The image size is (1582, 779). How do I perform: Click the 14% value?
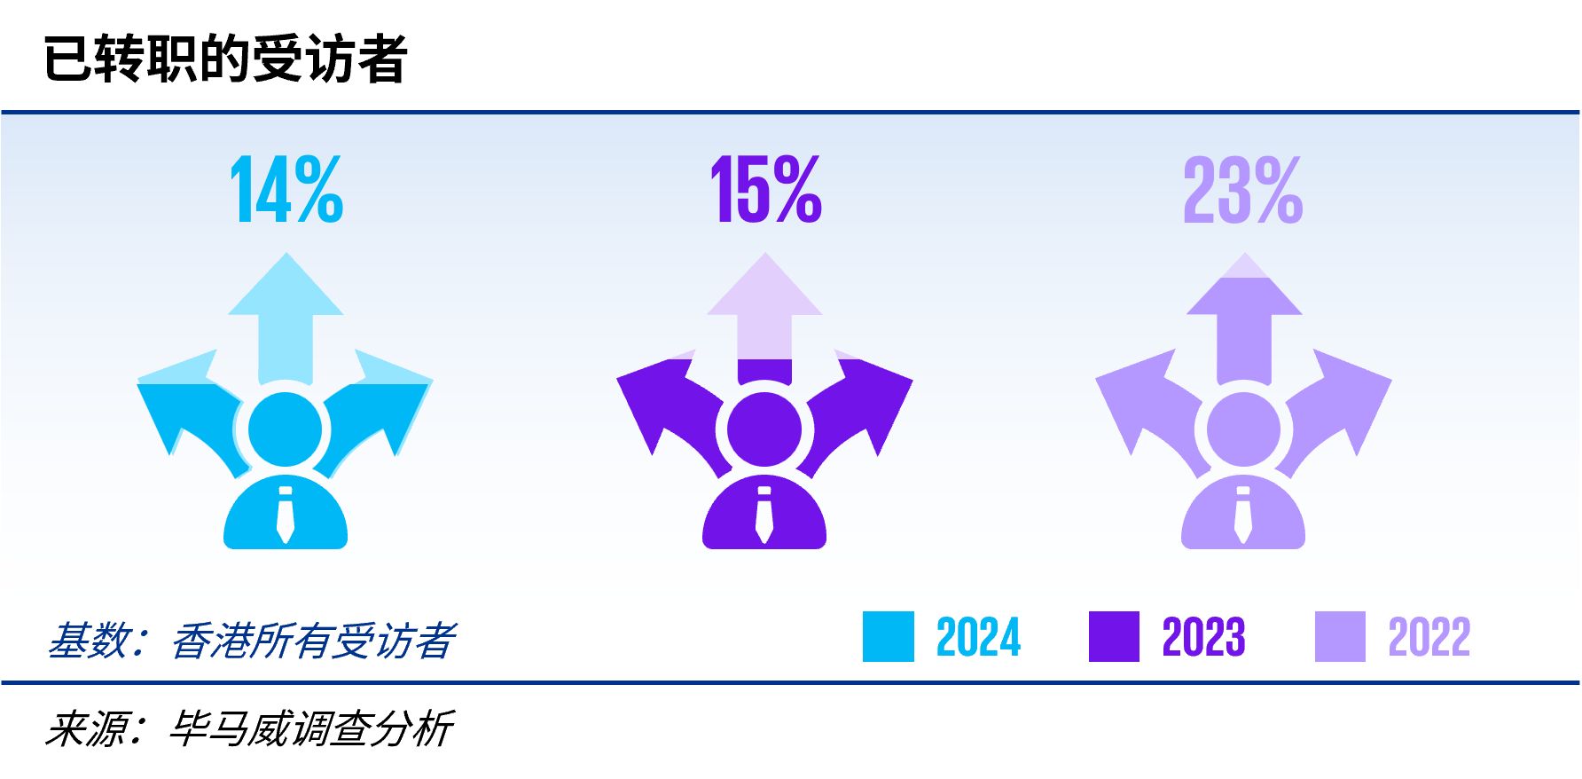[x=286, y=189]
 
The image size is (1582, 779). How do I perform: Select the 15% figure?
[x=766, y=189]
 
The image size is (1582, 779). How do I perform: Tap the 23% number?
[x=1243, y=189]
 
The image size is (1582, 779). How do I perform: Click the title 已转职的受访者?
[x=225, y=59]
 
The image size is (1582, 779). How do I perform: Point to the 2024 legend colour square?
[x=889, y=637]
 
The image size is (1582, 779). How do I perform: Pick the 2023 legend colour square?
[x=1115, y=637]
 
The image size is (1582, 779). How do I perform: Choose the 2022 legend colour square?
[x=1341, y=637]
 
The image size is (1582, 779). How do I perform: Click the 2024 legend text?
[x=979, y=637]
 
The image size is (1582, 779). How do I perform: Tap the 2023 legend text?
[x=1204, y=637]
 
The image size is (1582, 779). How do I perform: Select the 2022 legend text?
[x=1429, y=637]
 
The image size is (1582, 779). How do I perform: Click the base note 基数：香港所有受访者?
[x=252, y=641]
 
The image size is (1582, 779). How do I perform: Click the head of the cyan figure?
[x=285, y=429]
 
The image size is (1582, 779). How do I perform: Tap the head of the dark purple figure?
[x=764, y=429]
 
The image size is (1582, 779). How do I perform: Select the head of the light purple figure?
[x=1243, y=429]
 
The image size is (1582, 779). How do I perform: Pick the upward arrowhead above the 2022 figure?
[x=1244, y=284]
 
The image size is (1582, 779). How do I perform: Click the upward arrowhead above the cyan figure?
[x=286, y=284]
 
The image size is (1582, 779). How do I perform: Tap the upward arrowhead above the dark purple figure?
[x=764, y=284]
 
